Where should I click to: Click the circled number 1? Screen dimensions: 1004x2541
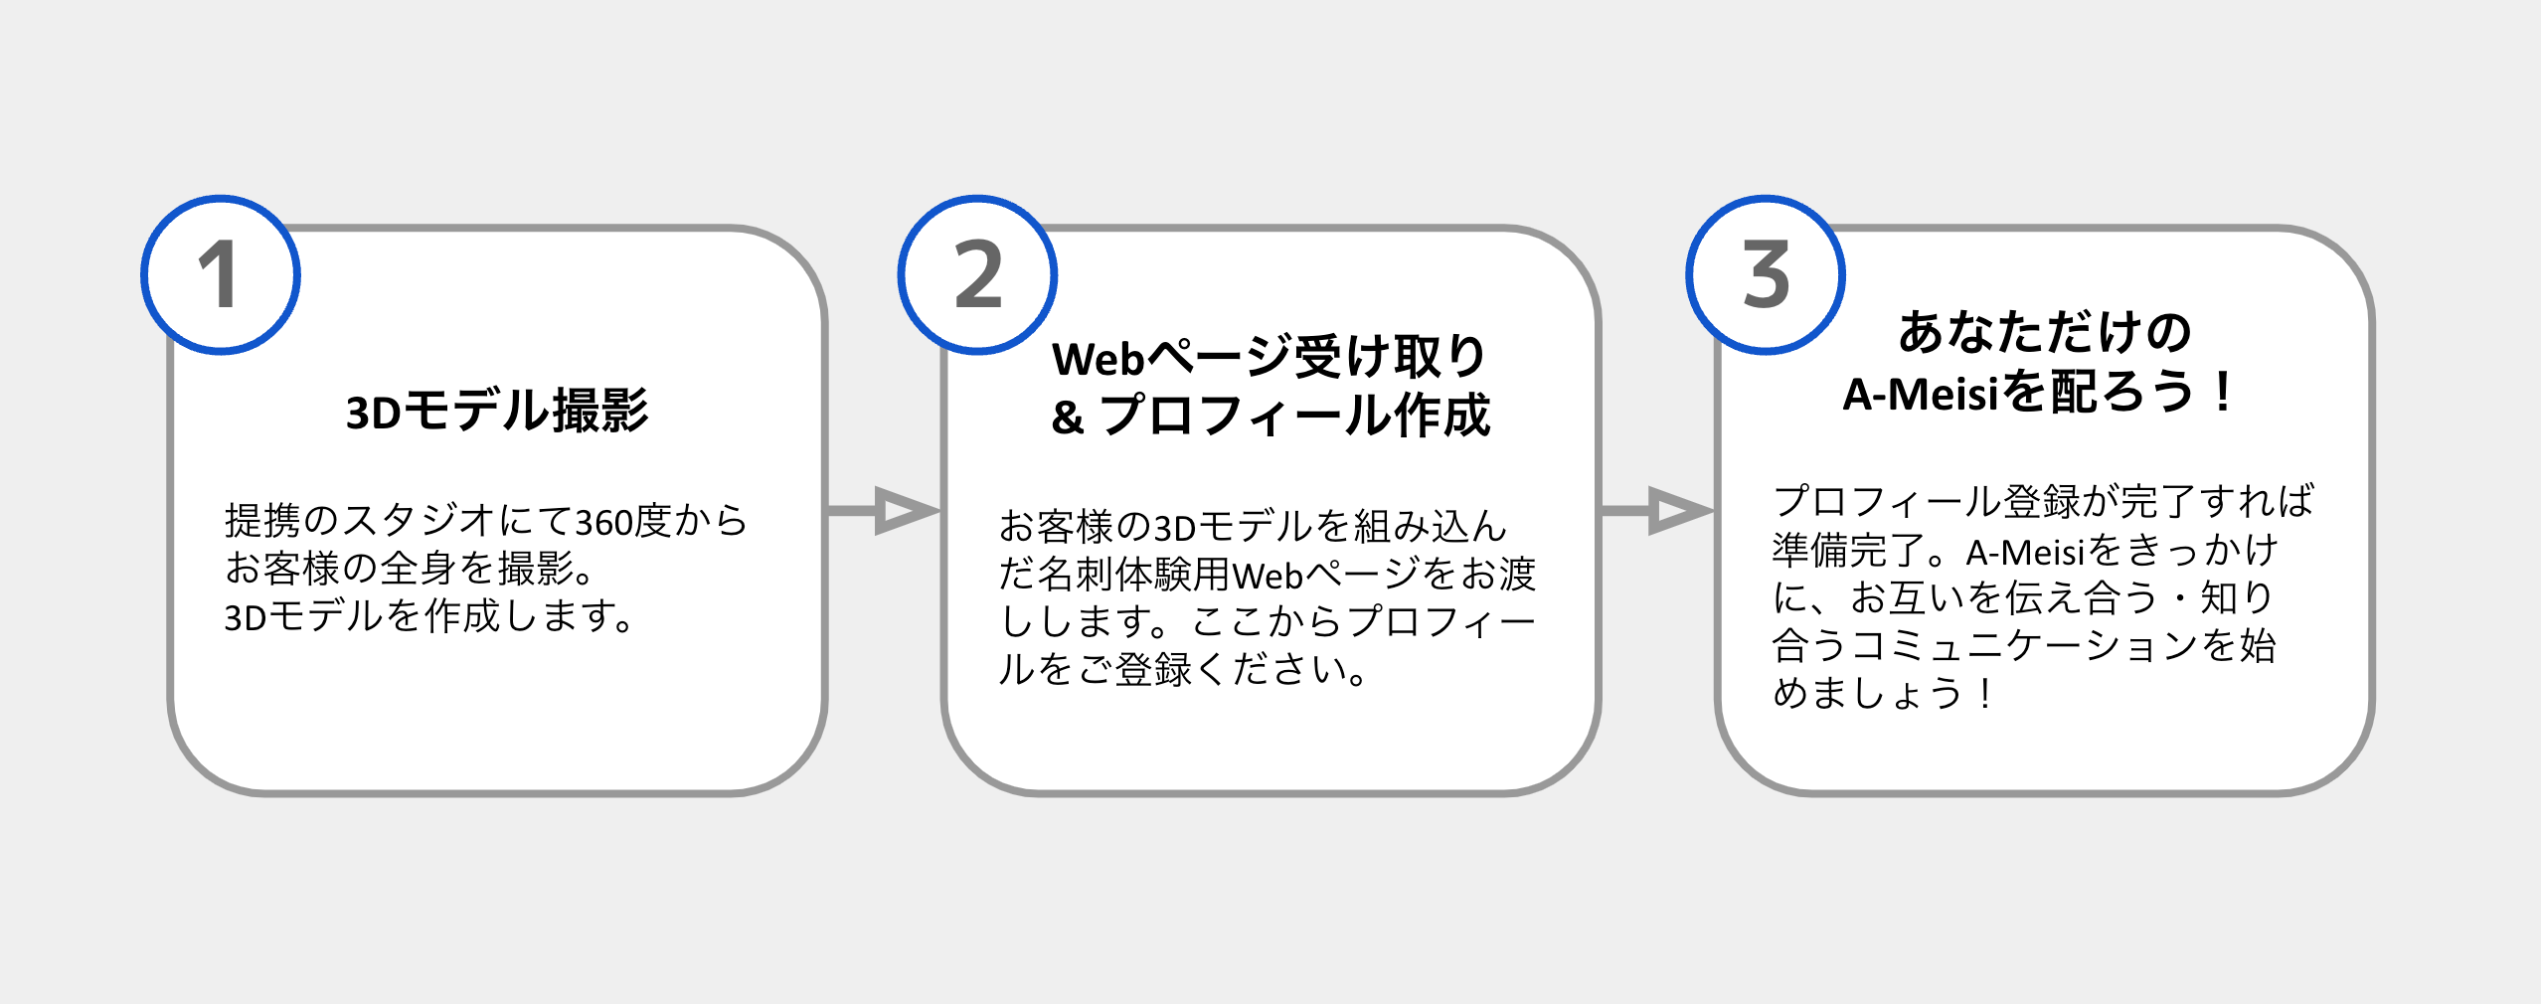pyautogui.click(x=220, y=274)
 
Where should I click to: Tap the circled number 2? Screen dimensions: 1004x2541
pyautogui.click(x=977, y=274)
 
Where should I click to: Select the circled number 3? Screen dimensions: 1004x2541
pyautogui.click(x=1765, y=274)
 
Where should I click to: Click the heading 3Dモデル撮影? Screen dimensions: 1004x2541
pyautogui.click(x=497, y=411)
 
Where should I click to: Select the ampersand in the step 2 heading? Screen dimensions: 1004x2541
pyautogui.click(x=1067, y=418)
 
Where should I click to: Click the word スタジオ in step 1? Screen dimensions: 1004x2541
pyautogui.click(x=419, y=521)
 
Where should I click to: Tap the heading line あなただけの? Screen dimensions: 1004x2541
pyautogui.click(x=2044, y=333)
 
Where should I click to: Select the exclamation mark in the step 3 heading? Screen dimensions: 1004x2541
pyautogui.click(x=2223, y=393)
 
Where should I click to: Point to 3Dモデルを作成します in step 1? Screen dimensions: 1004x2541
pyautogui.click(x=427, y=617)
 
